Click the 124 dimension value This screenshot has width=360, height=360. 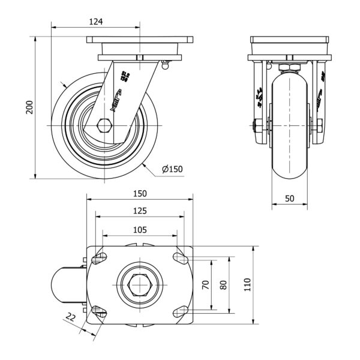click(x=96, y=22)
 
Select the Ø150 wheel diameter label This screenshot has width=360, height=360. click(x=172, y=170)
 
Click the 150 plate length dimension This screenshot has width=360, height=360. click(x=140, y=194)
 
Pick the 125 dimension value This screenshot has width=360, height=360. click(x=140, y=211)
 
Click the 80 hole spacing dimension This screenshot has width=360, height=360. click(x=223, y=285)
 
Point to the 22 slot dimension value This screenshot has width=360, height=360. click(x=71, y=319)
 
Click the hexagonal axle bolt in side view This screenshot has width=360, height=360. click(x=104, y=126)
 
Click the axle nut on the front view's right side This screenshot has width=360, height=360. click(x=319, y=126)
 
